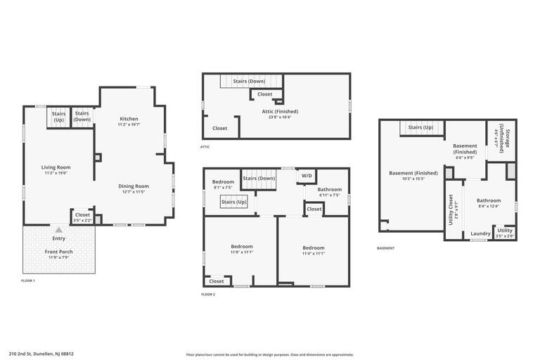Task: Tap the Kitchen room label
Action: click(x=129, y=119)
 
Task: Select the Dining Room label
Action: click(x=134, y=186)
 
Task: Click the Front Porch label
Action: click(x=59, y=251)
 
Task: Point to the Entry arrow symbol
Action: click(x=59, y=230)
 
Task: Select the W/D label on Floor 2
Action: click(x=307, y=176)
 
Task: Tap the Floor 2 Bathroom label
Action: click(x=329, y=189)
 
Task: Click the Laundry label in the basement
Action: click(x=481, y=233)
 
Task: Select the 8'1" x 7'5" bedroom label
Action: click(x=224, y=183)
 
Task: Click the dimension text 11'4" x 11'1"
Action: click(x=314, y=253)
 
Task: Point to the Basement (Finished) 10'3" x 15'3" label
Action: click(x=413, y=173)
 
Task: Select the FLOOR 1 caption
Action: click(x=28, y=281)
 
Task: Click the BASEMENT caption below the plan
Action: click(x=386, y=248)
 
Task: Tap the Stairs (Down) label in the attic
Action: click(x=249, y=82)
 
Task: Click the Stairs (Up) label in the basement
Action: click(x=420, y=127)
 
